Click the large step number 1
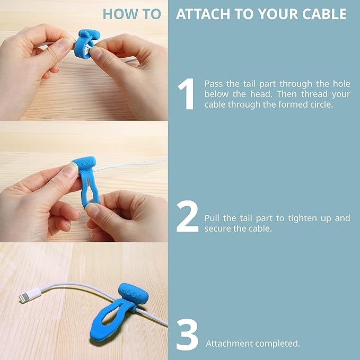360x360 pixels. pos(187,94)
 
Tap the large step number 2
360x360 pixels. pos(187,216)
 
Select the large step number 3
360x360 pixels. pos(187,335)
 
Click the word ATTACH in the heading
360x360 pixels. pos(203,14)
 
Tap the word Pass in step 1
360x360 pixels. pos(214,84)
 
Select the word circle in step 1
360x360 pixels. pos(321,104)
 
